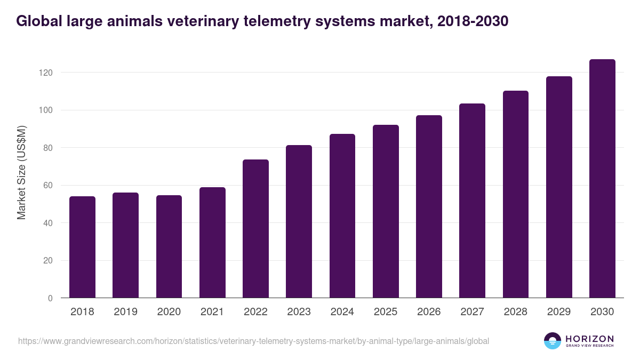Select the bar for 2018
[82, 247]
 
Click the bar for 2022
[255, 229]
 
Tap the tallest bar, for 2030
[602, 179]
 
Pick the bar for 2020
[169, 247]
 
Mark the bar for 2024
[342, 216]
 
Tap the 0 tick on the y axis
[50, 299]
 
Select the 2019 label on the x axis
[125, 312]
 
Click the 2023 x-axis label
[299, 312]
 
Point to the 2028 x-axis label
[515, 312]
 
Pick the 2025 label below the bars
[386, 312]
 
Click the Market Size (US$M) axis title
[22, 173]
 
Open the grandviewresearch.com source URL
[253, 341]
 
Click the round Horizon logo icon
[553, 341]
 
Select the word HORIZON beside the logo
[589, 339]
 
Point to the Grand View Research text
[589, 346]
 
